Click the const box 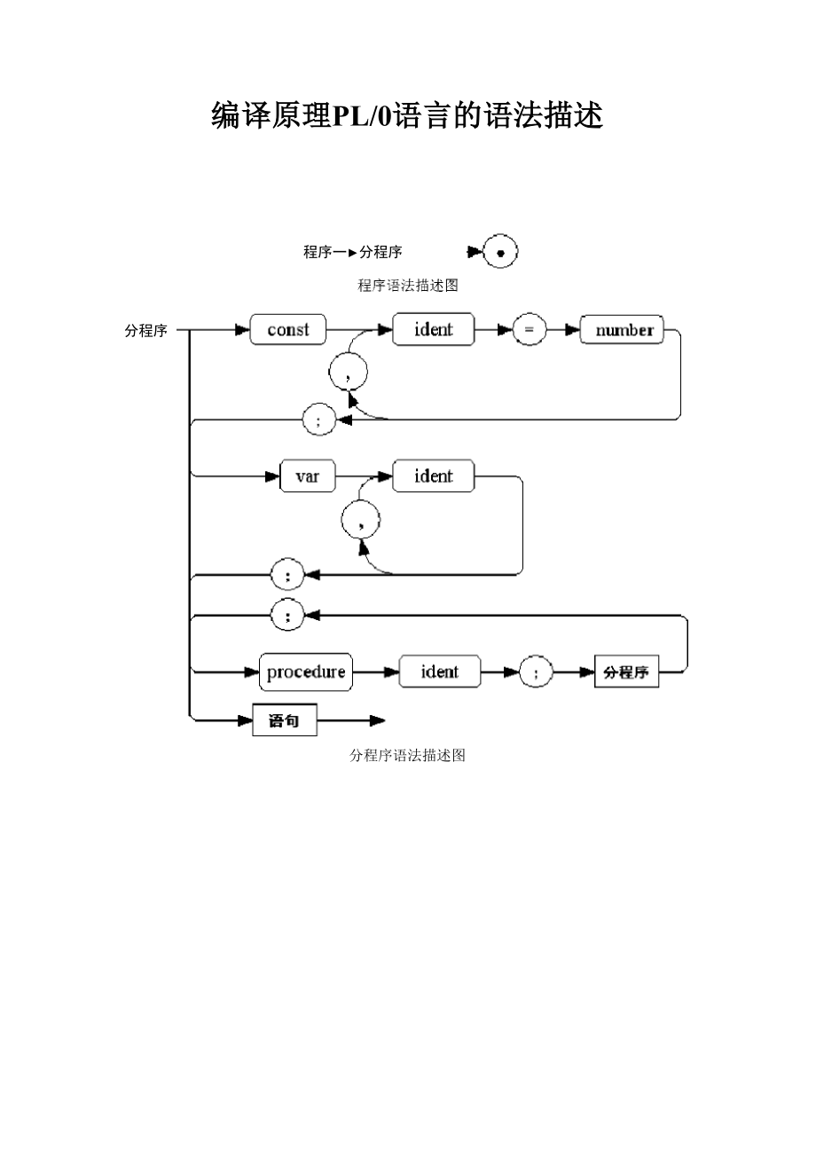(x=288, y=330)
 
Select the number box (x=624, y=330)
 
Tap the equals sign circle (x=529, y=330)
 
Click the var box (x=307, y=476)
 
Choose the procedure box (x=305, y=672)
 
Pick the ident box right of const (x=434, y=330)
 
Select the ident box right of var (x=434, y=476)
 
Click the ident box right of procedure (x=439, y=672)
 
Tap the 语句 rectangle (x=284, y=721)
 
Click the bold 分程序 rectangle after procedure (x=626, y=672)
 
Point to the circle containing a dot (x=501, y=253)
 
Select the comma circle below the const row (x=347, y=373)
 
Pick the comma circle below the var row (x=360, y=521)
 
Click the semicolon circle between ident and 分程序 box (x=536, y=672)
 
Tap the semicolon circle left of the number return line (x=319, y=419)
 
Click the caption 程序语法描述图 (x=407, y=286)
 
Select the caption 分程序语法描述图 (x=407, y=756)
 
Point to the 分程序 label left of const (x=145, y=331)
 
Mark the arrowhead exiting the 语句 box (x=378, y=721)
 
